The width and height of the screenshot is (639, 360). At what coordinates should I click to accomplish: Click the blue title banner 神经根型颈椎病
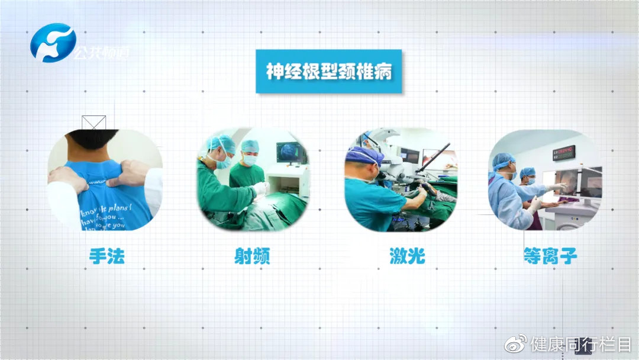point(328,72)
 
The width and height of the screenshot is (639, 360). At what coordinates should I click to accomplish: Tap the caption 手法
point(106,256)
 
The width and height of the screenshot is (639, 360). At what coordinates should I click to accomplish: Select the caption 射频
point(252,256)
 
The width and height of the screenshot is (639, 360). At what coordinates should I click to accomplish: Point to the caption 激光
point(407,256)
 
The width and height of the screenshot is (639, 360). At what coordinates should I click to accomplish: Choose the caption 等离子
point(550,256)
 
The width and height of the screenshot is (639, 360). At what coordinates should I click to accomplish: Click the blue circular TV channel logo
point(53,43)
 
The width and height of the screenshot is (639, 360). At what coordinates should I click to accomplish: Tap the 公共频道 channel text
point(102,53)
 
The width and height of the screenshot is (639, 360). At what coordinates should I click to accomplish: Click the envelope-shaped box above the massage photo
point(93,123)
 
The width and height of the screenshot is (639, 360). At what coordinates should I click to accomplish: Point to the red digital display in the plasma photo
point(563,153)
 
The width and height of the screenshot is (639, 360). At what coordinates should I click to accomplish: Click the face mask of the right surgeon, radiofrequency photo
point(251,160)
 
